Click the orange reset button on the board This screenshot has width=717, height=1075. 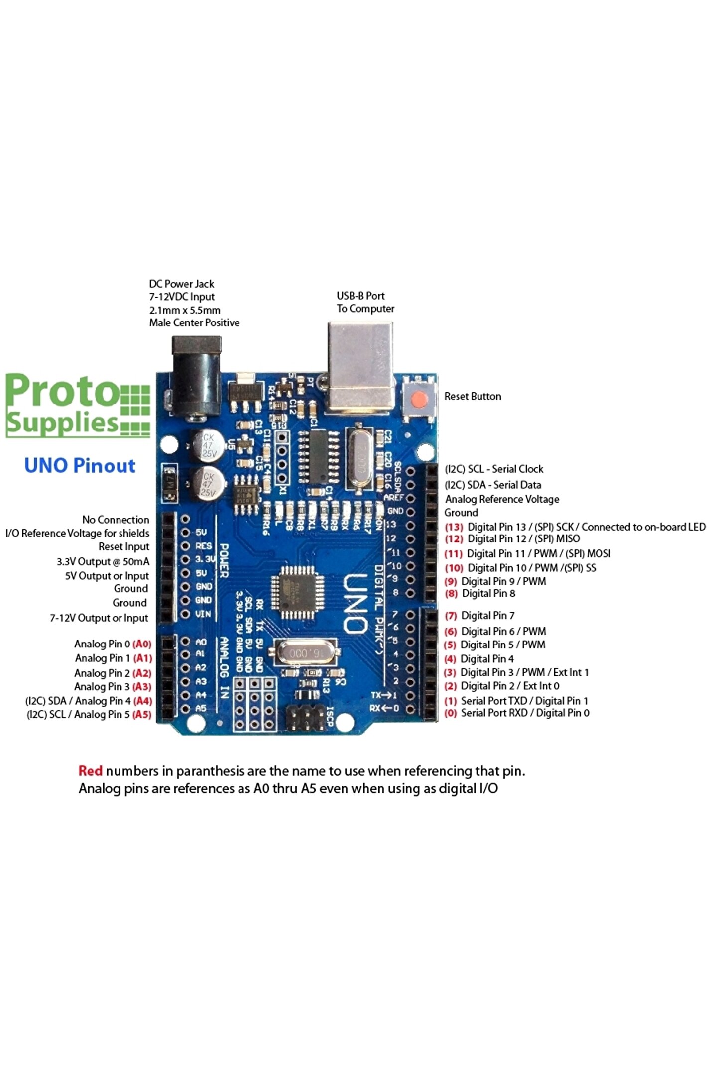point(420,399)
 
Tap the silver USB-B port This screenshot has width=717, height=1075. point(360,366)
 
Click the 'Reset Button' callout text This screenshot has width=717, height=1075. point(473,397)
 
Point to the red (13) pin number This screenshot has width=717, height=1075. point(454,527)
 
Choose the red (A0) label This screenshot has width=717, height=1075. point(142,644)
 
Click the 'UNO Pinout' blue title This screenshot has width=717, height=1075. point(80,466)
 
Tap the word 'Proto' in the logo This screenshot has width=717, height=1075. point(62,392)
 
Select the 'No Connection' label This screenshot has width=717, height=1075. point(116,520)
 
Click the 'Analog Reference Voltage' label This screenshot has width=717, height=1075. point(502,499)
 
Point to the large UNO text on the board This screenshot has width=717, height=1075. point(357,603)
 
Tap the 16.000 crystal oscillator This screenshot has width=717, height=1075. point(303,652)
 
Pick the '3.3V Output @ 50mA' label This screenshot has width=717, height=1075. point(103,562)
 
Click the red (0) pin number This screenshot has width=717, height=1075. point(451,713)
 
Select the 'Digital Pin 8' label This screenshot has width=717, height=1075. point(488,594)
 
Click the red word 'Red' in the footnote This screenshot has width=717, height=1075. point(90,771)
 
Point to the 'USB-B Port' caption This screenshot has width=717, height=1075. point(360,296)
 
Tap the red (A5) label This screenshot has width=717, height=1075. point(142,715)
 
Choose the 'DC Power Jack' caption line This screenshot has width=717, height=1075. point(181,284)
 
